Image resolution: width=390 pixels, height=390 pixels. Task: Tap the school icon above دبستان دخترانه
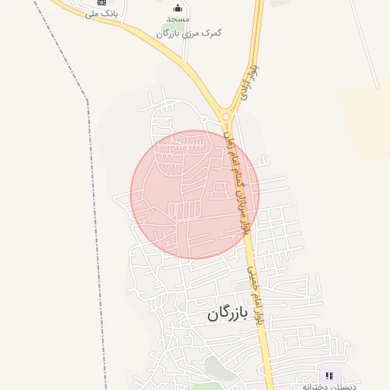pos(329,376)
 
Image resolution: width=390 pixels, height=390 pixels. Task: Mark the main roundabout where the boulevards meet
pos(226,116)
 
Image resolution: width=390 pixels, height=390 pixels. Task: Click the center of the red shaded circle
pos(195,194)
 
